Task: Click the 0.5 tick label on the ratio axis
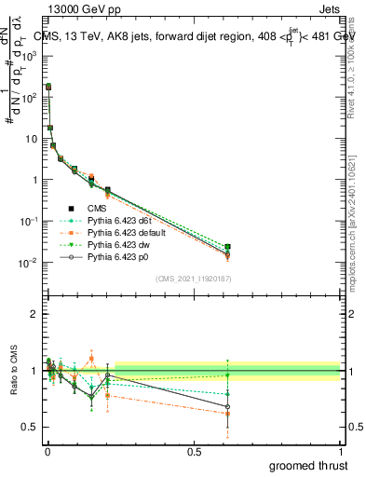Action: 29,427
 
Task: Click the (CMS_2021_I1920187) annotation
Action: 193,278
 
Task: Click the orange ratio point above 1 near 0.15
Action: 91,357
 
